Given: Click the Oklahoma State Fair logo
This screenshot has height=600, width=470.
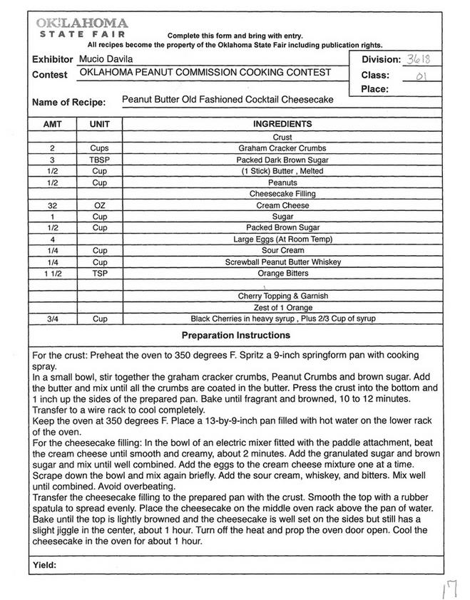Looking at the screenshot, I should click(81, 29).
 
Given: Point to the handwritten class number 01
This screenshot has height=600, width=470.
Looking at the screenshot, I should click(421, 75).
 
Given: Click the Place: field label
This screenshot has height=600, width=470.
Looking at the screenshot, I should click(374, 89).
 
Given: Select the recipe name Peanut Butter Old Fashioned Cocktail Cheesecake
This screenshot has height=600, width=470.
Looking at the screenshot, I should click(228, 100).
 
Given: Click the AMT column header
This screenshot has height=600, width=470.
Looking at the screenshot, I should click(53, 124).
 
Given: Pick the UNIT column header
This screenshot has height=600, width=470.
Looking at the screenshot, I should click(100, 124).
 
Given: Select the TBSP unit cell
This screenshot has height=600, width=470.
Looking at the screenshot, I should click(100, 160).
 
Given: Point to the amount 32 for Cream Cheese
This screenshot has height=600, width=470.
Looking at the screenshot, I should click(53, 205).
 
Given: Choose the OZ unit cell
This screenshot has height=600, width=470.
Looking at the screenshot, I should click(100, 205).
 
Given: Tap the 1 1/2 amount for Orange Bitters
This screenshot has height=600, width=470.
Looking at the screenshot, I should click(53, 274).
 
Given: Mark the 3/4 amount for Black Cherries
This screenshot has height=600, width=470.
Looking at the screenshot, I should click(53, 319).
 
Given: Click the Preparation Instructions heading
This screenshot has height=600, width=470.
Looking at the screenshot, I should click(235, 335).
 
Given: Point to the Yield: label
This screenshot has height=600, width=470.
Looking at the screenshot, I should click(44, 565).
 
